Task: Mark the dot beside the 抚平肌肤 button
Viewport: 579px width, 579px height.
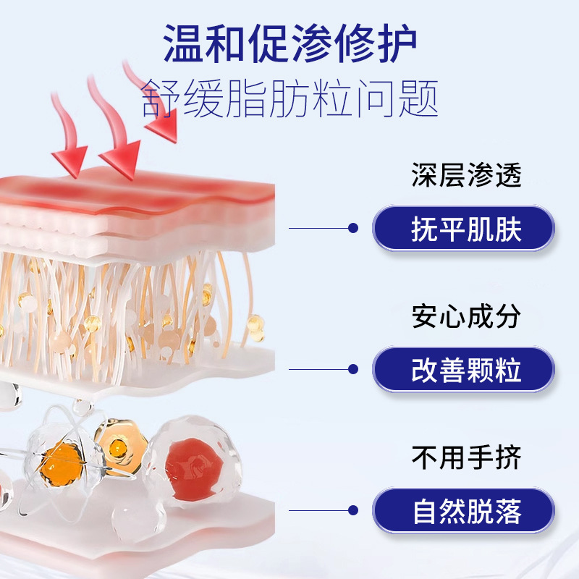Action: click(x=353, y=228)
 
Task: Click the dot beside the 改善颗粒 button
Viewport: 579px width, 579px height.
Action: click(x=353, y=369)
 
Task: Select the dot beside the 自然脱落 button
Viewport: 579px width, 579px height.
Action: click(x=353, y=510)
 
